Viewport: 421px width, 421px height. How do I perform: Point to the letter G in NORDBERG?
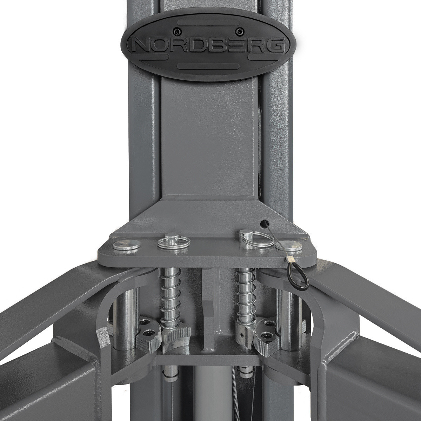[x=274, y=46]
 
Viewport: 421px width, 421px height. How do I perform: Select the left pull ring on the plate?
[x=174, y=243]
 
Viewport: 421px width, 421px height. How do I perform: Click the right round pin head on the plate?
[x=289, y=246]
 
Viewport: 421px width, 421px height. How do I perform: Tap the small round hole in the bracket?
[x=264, y=223]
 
